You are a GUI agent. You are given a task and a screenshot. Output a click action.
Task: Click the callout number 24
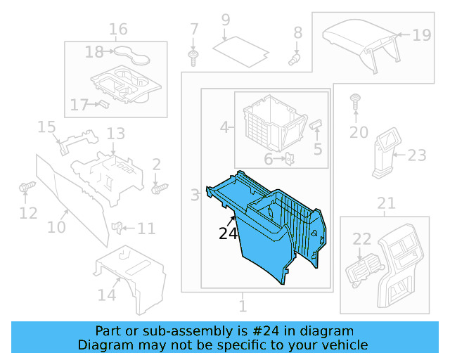pyautogui.click(x=229, y=233)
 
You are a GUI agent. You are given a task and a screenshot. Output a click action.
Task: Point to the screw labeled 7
pyautogui.click(x=194, y=56)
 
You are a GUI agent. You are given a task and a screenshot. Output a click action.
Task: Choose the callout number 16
pyautogui.click(x=118, y=30)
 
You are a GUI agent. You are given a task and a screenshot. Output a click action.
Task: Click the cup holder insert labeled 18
pyautogui.click(x=127, y=52)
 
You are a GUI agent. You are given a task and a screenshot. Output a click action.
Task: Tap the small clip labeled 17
pyautogui.click(x=101, y=104)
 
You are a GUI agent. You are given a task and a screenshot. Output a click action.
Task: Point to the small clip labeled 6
pyautogui.click(x=288, y=160)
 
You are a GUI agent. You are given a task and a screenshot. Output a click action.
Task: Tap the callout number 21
pyautogui.click(x=386, y=204)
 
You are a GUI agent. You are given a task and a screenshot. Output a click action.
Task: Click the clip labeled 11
pyautogui.click(x=119, y=228)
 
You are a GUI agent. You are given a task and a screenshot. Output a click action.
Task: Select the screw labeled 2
pyautogui.click(x=159, y=188)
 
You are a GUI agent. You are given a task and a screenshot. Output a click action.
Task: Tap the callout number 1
pyautogui.click(x=243, y=307)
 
